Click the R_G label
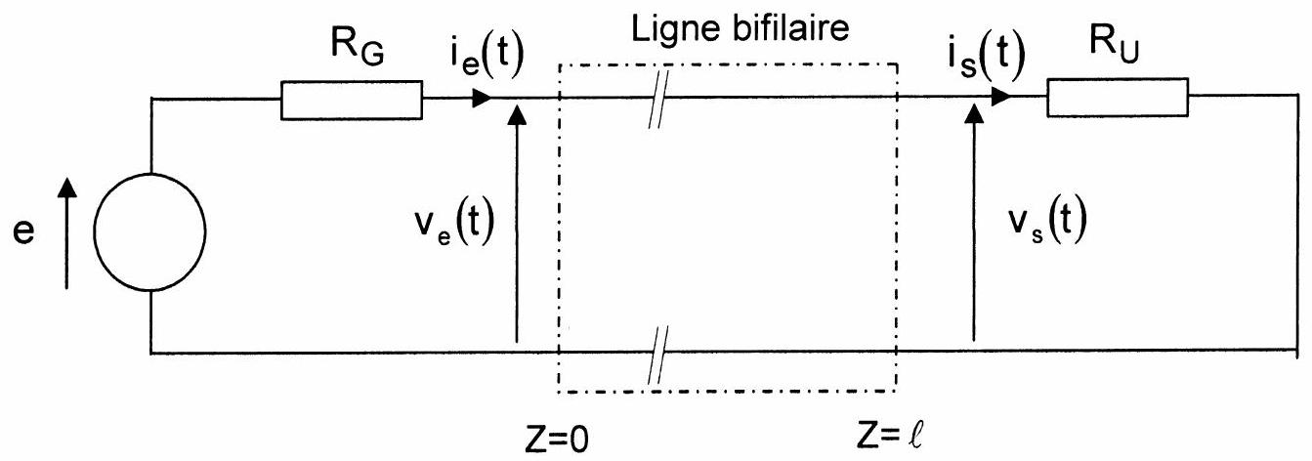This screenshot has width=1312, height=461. coord(358,46)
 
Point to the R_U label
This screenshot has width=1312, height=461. coord(1114,44)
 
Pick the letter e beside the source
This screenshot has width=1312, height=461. coord(24,231)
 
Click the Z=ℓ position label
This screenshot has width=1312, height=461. coord(890,437)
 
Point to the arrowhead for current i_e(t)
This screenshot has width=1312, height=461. coord(482,98)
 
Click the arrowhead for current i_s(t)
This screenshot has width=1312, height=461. coord(1001,97)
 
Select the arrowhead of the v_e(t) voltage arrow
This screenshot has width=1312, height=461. coord(517,114)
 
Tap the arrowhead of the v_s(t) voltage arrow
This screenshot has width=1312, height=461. coord(974,112)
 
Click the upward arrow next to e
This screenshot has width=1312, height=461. coord(67,233)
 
